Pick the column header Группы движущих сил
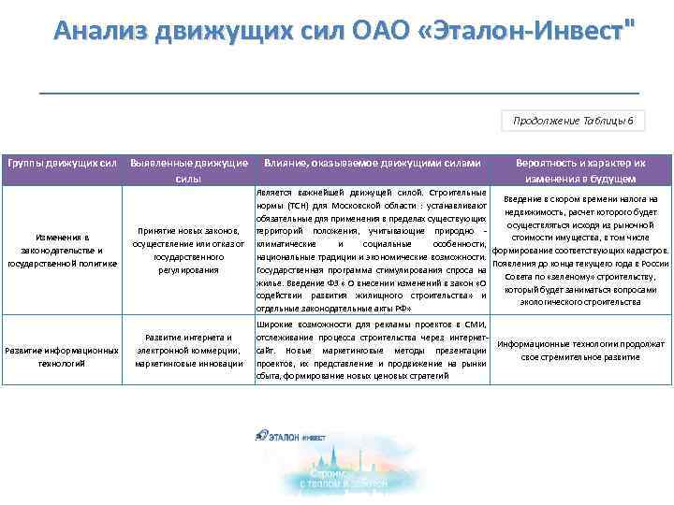pos(62,163)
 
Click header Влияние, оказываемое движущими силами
pos(372,163)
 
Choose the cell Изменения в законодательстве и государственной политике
pos(62,251)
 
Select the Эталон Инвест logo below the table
pos(290,435)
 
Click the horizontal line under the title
pos(339,93)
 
